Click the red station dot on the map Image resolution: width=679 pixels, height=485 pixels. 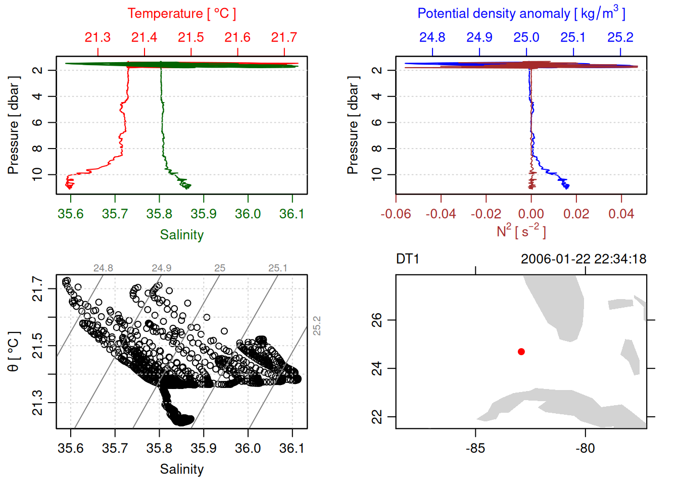point(521,352)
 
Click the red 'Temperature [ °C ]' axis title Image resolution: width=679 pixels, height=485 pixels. point(181,14)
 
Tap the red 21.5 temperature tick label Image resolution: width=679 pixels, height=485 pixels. point(191,37)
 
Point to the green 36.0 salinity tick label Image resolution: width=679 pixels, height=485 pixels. point(248,214)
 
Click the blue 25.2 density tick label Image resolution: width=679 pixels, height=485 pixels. point(620,37)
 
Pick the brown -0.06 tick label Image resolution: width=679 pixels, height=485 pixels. point(396,214)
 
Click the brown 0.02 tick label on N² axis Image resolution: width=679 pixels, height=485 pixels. point(576,214)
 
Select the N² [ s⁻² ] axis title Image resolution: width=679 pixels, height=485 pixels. point(521,231)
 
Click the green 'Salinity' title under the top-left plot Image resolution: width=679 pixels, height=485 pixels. point(181,235)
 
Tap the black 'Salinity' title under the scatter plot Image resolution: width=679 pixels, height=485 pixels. point(181,469)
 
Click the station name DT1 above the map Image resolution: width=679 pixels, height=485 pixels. point(408,259)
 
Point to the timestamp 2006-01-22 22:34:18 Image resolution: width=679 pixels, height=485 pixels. point(584,259)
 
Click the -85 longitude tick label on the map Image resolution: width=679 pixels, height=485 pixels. point(475,449)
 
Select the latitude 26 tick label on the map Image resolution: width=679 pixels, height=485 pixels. point(377,320)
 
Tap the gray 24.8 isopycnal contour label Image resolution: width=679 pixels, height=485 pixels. point(103,268)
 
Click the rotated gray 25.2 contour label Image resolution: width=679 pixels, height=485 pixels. point(317,326)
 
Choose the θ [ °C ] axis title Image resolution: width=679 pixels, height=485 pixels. point(14,352)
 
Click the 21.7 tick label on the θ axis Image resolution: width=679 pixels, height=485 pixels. point(38,289)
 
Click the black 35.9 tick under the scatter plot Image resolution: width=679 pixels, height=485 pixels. point(204,449)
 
